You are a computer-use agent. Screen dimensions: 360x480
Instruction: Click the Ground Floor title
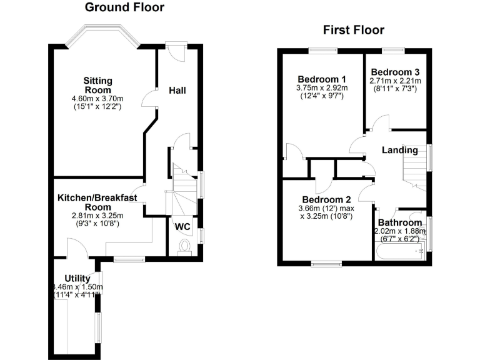click(x=124, y=7)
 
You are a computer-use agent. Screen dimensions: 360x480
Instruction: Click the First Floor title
click(x=353, y=30)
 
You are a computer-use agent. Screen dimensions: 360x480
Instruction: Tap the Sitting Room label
click(x=98, y=85)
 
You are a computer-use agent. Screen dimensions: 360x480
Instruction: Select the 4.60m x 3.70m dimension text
click(x=97, y=99)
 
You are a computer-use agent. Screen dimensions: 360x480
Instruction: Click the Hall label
click(x=177, y=91)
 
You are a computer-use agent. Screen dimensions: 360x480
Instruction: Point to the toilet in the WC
click(x=184, y=247)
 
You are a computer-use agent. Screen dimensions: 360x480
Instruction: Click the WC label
click(x=183, y=226)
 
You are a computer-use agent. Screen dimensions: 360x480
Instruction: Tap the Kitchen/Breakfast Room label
click(x=97, y=202)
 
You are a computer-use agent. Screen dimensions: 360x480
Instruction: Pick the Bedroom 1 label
click(x=322, y=79)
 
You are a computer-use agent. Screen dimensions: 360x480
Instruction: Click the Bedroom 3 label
click(x=395, y=72)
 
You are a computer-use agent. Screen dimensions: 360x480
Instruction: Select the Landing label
click(x=399, y=151)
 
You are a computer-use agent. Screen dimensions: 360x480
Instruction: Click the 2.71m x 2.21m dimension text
click(x=395, y=81)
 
